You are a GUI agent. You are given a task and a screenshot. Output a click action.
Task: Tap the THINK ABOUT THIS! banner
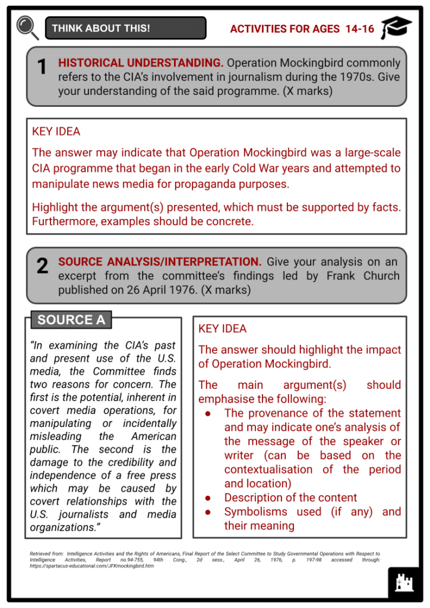click(125, 28)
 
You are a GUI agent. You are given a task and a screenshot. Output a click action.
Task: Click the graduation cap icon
click(397, 27)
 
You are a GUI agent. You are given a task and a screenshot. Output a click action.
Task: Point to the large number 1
click(42, 68)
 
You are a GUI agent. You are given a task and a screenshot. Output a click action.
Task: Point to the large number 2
click(42, 266)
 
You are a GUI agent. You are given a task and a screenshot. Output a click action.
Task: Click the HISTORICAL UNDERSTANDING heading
click(141, 62)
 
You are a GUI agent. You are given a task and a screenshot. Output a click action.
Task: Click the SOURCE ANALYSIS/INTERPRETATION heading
click(160, 262)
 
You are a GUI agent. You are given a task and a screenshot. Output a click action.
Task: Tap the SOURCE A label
click(71, 320)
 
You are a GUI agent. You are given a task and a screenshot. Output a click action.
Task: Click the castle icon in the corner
click(404, 584)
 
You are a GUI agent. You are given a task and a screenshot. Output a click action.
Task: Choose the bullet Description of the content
click(290, 498)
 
